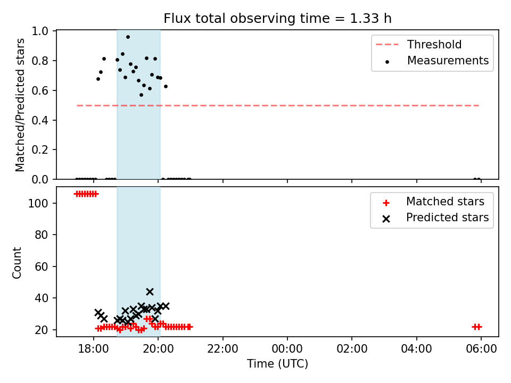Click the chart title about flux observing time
(277, 18)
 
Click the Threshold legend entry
(419, 44)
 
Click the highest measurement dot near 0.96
(128, 37)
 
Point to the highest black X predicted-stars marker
(150, 292)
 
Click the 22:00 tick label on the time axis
(223, 348)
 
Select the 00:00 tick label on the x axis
(287, 348)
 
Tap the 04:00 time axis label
(416, 348)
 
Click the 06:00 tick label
(481, 348)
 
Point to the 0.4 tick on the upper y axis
(40, 120)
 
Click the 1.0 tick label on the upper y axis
(40, 31)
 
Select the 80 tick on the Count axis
(42, 235)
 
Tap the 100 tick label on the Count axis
(38, 203)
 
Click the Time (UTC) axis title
(277, 363)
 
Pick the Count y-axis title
(17, 263)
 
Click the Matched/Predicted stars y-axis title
(20, 105)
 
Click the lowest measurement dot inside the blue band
(141, 95)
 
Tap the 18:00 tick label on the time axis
(94, 348)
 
